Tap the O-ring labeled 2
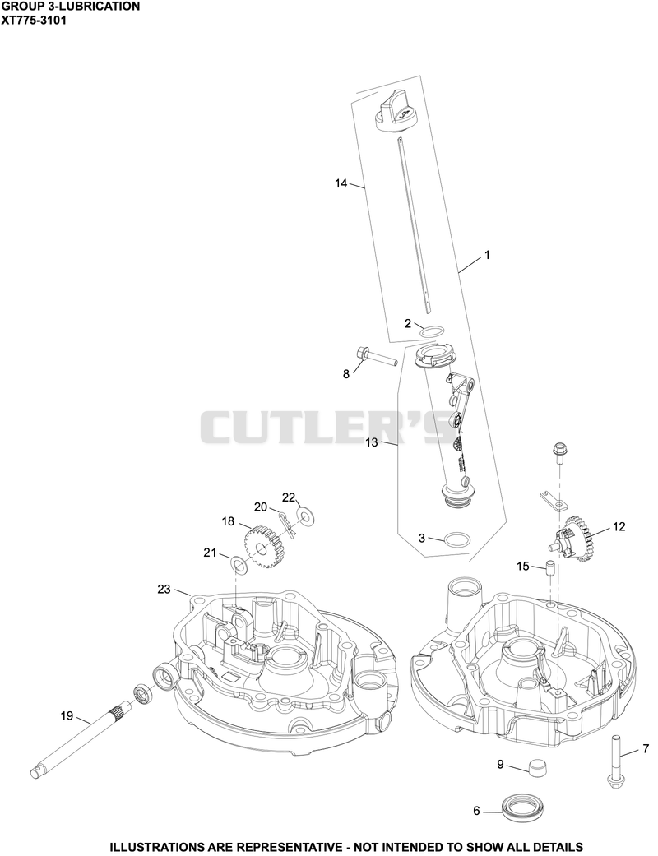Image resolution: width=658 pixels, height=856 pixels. pyautogui.click(x=432, y=332)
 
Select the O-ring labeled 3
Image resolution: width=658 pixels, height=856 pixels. pyautogui.click(x=456, y=539)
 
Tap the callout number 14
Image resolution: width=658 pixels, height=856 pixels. pyautogui.click(x=341, y=183)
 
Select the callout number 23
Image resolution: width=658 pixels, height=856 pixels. pyautogui.click(x=164, y=590)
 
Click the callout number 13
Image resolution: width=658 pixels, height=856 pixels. pyautogui.click(x=371, y=442)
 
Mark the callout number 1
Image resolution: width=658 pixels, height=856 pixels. pyautogui.click(x=487, y=255)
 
